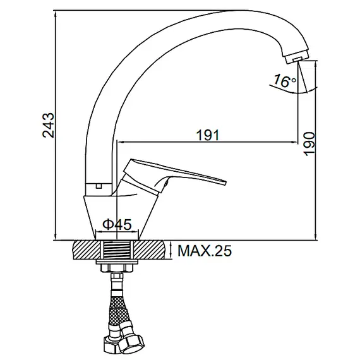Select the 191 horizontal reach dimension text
coord(208,135)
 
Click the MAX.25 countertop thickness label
coord(204,251)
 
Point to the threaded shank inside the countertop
coord(117,249)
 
